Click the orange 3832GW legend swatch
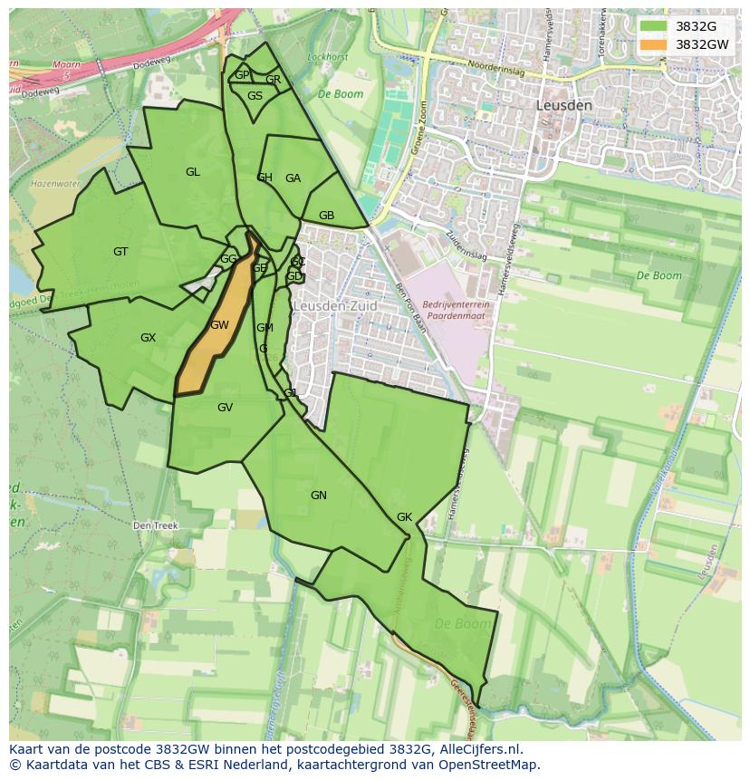pyautogui.click(x=653, y=43)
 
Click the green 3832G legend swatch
pyautogui.click(x=653, y=26)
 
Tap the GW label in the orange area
pyautogui.click(x=219, y=325)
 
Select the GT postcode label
pyautogui.click(x=120, y=252)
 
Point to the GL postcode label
pyautogui.click(x=193, y=172)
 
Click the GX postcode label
pyautogui.click(x=148, y=338)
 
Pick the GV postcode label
pyautogui.click(x=225, y=408)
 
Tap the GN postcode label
pyautogui.click(x=318, y=496)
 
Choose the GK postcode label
pyautogui.click(x=404, y=517)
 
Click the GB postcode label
pyautogui.click(x=326, y=216)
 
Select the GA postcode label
pyautogui.click(x=293, y=178)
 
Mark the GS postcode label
pyautogui.click(x=255, y=96)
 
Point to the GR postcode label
pyautogui.click(x=273, y=80)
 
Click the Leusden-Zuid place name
pyautogui.click(x=334, y=306)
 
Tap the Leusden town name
pyautogui.click(x=563, y=105)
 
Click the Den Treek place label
pyautogui.click(x=155, y=525)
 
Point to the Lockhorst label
pyautogui.click(x=327, y=57)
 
